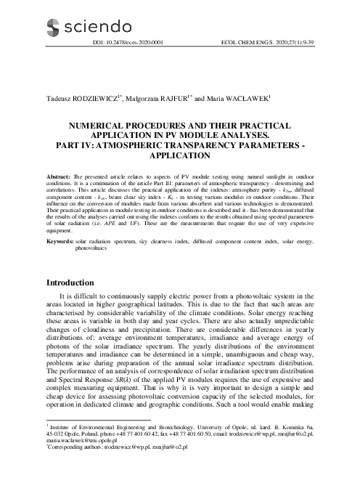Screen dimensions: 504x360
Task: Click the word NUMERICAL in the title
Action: pos(99,126)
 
